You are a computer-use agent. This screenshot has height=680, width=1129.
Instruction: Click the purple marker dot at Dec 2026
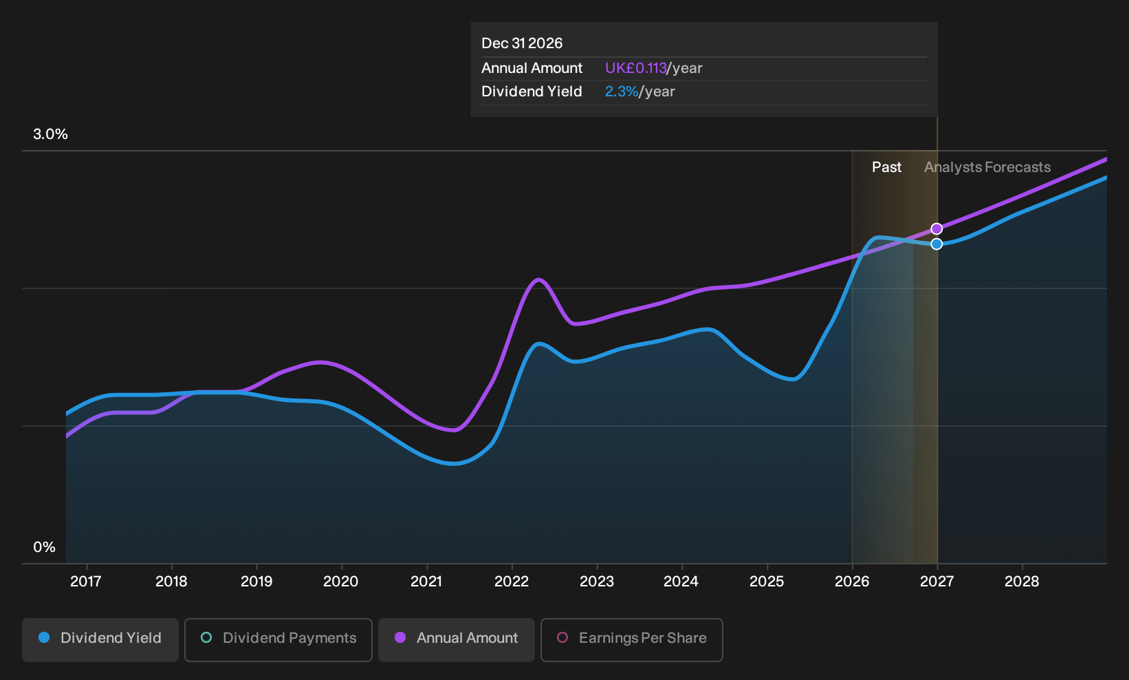pos(936,229)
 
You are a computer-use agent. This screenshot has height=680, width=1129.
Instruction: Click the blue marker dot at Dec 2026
pos(936,244)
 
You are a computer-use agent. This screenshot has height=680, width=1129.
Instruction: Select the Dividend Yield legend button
pos(100,639)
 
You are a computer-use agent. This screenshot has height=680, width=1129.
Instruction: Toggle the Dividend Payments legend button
pos(278,639)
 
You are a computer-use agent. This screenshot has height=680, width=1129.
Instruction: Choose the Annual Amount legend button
pos(456,639)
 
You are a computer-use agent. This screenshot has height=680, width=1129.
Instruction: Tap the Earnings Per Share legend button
pos(631,639)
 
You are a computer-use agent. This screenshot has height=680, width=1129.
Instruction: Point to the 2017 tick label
pos(86,582)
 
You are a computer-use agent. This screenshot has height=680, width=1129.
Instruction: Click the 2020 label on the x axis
pos(341,582)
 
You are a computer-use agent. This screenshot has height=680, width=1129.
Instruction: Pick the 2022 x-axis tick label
pos(512,582)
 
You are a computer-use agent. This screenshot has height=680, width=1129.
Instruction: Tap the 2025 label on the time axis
pos(767,582)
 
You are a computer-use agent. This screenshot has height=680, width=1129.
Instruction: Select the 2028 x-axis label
pos(1022,582)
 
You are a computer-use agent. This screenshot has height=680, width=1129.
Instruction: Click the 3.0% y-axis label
pos(50,134)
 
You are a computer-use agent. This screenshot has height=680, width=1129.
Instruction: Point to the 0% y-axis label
pos(45,547)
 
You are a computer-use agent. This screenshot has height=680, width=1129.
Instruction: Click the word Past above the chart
pos(886,167)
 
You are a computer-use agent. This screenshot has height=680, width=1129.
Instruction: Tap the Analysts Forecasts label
pos(987,167)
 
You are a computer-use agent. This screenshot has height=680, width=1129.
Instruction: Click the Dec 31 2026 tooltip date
pos(522,43)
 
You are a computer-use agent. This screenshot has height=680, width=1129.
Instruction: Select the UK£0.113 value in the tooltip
pos(635,68)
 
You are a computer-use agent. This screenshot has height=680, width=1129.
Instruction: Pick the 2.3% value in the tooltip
pos(622,92)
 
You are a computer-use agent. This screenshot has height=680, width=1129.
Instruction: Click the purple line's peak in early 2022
pos(539,279)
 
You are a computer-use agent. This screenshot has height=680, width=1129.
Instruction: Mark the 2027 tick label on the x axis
pos(937,582)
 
